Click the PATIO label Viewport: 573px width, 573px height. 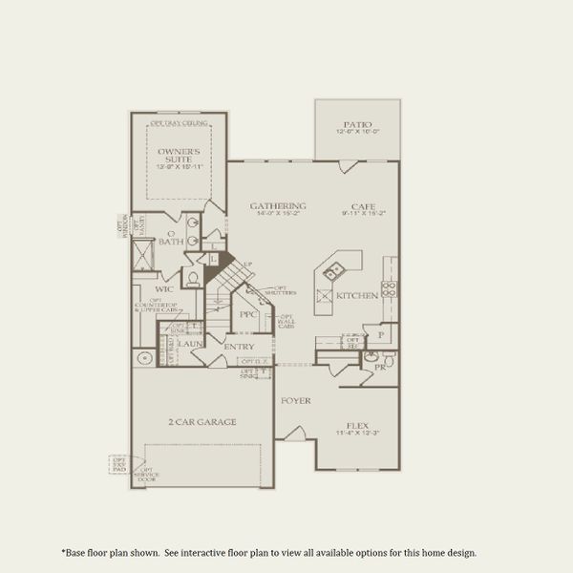click(x=357, y=124)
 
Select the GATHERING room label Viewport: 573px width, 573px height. click(x=278, y=206)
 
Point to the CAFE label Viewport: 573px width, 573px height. click(x=363, y=206)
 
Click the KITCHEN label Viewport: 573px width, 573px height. click(x=357, y=296)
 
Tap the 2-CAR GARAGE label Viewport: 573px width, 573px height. click(x=202, y=421)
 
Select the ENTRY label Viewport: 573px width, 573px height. click(x=240, y=346)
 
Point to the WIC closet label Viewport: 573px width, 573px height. click(x=164, y=287)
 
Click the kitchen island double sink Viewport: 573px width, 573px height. click(x=333, y=273)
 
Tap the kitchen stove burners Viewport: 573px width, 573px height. click(x=389, y=286)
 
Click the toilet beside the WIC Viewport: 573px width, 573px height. click(x=192, y=279)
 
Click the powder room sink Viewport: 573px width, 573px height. click(x=371, y=357)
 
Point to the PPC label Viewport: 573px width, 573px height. click(x=248, y=313)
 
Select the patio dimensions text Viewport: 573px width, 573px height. click(x=357, y=133)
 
